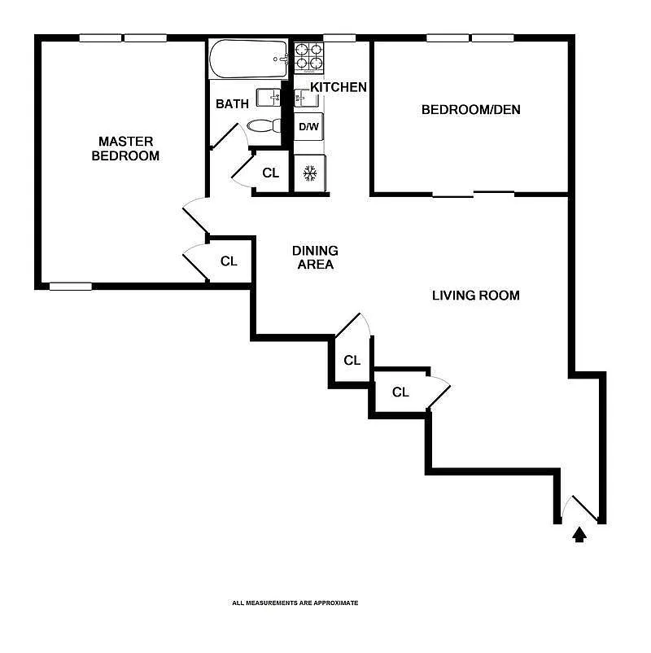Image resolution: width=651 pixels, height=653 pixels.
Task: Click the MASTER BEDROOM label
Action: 125,149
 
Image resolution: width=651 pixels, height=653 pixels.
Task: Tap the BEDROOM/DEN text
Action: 471,110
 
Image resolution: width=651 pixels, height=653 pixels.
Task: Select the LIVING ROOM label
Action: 476,296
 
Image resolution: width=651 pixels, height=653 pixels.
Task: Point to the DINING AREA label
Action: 315,257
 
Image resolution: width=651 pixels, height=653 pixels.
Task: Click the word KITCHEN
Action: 339,87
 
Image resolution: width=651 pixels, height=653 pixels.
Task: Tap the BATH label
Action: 232,103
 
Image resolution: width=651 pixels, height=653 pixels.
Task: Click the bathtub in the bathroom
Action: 248,59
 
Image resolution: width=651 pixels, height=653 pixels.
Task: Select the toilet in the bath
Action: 264,125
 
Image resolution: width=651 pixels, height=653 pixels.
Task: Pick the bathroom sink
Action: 269,98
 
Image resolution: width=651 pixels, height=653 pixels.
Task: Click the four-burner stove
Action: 309,57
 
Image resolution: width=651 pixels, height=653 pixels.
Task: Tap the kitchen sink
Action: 306,99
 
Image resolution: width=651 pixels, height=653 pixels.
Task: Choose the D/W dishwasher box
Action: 309,126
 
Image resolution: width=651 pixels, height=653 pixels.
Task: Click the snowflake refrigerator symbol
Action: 310,173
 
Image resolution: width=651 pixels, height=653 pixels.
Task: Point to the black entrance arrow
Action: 579,535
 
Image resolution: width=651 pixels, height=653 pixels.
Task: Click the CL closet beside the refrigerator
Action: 270,173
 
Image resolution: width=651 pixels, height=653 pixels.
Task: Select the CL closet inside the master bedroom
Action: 229,261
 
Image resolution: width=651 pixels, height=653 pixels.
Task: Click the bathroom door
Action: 224,136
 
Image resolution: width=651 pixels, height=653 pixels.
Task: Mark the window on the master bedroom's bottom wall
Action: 70,287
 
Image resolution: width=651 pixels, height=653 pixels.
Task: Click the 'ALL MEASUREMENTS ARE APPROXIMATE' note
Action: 295,603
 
